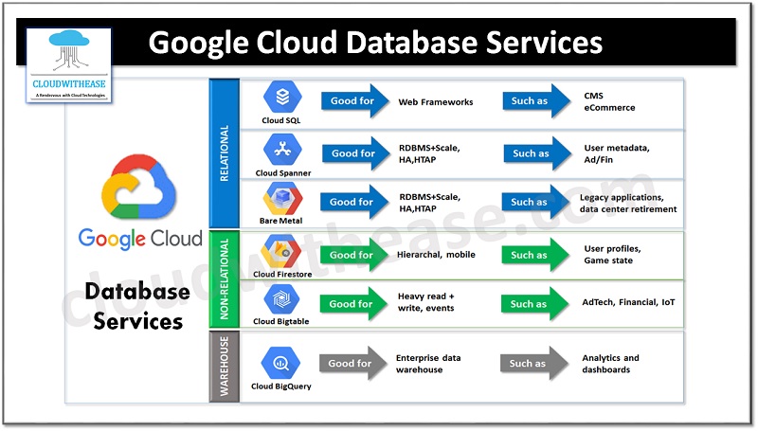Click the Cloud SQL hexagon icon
[283, 98]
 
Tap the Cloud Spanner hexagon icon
[283, 150]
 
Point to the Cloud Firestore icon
[283, 252]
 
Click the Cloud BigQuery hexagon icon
[283, 362]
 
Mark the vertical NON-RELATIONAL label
[224, 278]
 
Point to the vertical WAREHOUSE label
[224, 366]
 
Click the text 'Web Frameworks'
[436, 101]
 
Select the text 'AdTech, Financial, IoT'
[628, 303]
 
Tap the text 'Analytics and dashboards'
[610, 364]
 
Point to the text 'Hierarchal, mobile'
[437, 254]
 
